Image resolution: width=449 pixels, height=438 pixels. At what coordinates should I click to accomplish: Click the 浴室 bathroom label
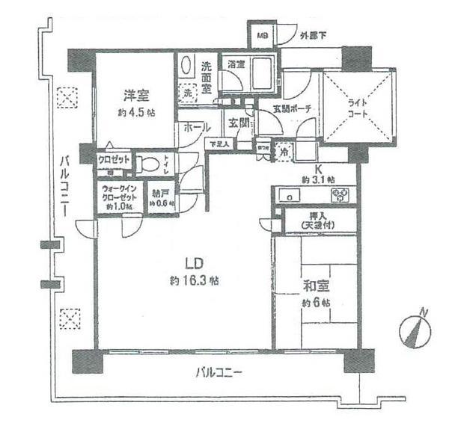tap(237, 64)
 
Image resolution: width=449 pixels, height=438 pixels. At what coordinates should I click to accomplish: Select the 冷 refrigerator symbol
tap(285, 149)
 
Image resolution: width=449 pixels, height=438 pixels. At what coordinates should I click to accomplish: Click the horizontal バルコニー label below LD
tap(219, 372)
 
